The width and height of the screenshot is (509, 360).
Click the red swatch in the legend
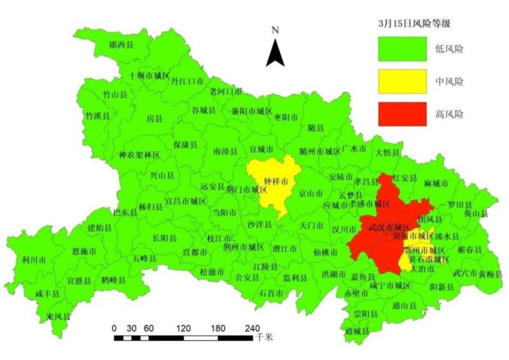(x=401, y=114)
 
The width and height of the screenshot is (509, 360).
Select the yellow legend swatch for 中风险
(x=401, y=81)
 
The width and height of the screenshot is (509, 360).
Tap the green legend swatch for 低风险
(x=401, y=48)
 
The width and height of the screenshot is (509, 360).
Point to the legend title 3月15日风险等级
(x=414, y=23)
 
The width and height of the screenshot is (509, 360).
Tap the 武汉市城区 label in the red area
(x=388, y=227)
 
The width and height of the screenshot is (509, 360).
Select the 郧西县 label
(x=121, y=45)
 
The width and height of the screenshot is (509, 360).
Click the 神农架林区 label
(x=139, y=155)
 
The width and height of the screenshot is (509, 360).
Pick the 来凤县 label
(x=59, y=316)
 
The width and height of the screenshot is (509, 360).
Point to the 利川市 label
(x=34, y=260)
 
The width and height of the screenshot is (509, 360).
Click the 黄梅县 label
(x=491, y=273)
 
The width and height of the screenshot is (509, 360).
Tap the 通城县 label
(x=357, y=331)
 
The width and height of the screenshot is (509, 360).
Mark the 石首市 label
(x=272, y=293)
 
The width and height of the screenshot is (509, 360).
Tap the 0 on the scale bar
(x=113, y=328)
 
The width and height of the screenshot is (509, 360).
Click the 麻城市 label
(x=436, y=183)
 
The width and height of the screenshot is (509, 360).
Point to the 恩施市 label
(x=85, y=252)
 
